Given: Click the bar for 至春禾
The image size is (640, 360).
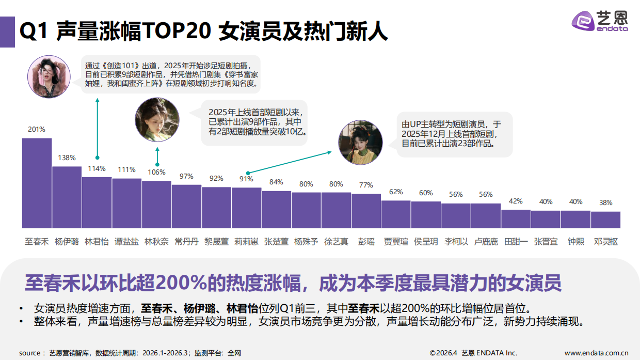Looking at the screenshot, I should point(37,183).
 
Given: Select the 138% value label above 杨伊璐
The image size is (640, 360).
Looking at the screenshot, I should point(67,158).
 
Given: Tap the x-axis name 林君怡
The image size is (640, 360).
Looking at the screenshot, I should point(97,241).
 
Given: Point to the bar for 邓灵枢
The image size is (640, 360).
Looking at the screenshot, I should point(605,220).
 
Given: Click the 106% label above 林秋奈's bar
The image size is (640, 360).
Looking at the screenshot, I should point(156,172).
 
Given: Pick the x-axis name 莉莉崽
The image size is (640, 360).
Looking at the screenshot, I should point(246,241).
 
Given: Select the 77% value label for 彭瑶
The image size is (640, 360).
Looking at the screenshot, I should point(366,185).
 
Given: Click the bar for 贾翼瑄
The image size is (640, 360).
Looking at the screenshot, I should point(396,214).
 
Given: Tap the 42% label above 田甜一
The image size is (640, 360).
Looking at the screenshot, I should point(516,201).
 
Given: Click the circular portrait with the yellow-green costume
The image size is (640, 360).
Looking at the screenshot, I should point(360,143).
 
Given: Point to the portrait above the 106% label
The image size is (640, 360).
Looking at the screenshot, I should point(157,120).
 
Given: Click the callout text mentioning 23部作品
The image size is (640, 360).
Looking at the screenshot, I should point(453,134).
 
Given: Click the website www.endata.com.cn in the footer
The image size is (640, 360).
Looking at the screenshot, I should point(596,353).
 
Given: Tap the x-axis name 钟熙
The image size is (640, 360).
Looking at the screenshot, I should point(575,241).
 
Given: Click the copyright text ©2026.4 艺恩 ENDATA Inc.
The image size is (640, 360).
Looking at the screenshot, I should point(473,353).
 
